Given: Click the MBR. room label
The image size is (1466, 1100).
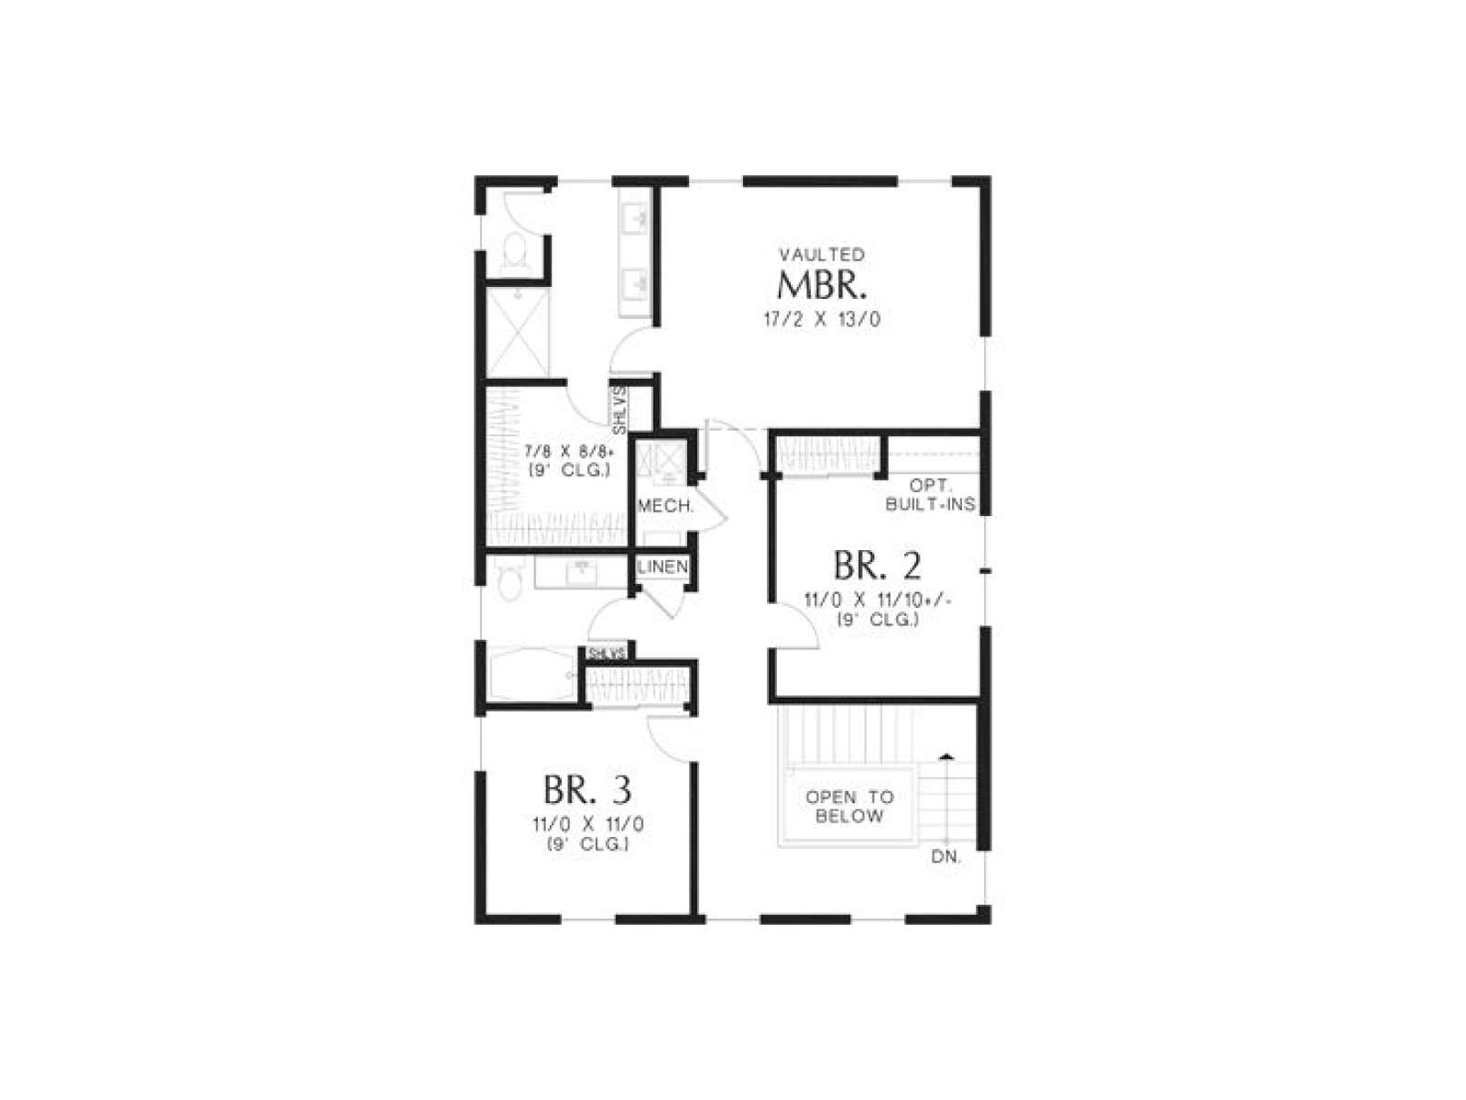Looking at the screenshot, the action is [x=822, y=286].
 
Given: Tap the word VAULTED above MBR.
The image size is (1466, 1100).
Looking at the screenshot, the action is [x=822, y=255].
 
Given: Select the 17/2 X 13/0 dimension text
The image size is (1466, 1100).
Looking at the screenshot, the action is [x=822, y=320].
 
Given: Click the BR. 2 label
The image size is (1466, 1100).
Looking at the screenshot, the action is [x=878, y=565].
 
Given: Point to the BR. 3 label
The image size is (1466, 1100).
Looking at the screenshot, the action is [x=587, y=789].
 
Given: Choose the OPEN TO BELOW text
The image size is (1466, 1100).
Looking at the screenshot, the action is [x=848, y=806].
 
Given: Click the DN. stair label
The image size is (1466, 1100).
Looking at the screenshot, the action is [x=946, y=857].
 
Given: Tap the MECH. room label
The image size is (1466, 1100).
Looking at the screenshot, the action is [x=666, y=506].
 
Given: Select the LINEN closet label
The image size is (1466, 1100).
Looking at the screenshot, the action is [x=662, y=567].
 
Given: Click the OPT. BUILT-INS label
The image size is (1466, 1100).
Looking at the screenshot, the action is [x=930, y=495].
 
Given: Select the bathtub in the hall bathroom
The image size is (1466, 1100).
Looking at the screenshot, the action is [x=531, y=675].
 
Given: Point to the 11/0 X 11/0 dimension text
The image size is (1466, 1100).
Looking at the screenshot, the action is [x=587, y=825].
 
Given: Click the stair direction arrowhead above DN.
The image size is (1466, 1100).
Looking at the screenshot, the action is [x=946, y=757].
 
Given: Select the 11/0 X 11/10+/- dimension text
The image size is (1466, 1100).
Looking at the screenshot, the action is [x=878, y=600].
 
